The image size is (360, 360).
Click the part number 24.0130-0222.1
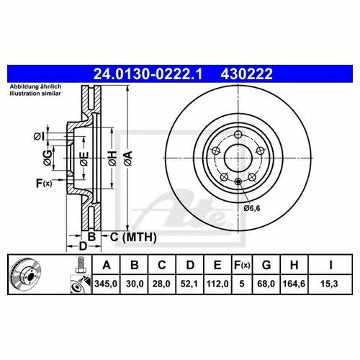coord(148,74)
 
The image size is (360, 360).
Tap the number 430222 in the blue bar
coord(246,74)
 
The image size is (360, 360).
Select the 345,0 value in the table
coord(106,284)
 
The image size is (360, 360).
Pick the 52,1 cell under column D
coord(189,284)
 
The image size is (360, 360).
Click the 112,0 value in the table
coord(217,284)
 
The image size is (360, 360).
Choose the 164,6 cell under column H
coord(294,284)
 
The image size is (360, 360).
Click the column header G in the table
coord(266,265)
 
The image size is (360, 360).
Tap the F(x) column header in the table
coord(242,265)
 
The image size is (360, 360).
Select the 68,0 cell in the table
coord(266,284)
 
